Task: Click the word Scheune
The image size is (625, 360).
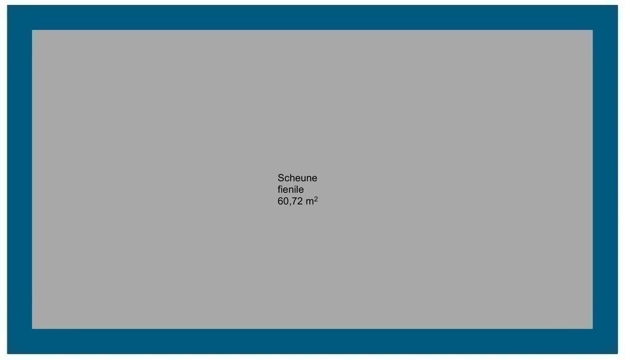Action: pyautogui.click(x=297, y=178)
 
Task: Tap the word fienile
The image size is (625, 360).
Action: pyautogui.click(x=291, y=189)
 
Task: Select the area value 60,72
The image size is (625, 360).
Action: pyautogui.click(x=290, y=201)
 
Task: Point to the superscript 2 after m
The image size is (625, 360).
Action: pyautogui.click(x=316, y=198)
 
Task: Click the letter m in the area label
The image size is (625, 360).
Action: pyautogui.click(x=309, y=202)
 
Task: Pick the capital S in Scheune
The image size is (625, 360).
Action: pyautogui.click(x=281, y=178)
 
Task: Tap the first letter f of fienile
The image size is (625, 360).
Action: pyautogui.click(x=279, y=189)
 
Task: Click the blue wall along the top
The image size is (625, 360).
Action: pyautogui.click(x=312, y=18)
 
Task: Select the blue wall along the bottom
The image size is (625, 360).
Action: pyautogui.click(x=312, y=341)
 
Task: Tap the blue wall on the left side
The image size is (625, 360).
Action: pyautogui.click(x=20, y=179)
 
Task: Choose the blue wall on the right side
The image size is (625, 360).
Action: pyautogui.click(x=605, y=179)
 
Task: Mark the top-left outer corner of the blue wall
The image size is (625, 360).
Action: pyautogui.click(x=7, y=5)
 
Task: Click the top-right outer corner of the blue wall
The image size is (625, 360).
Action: pyautogui.click(x=618, y=5)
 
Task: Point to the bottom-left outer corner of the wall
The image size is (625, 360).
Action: pyautogui.click(x=7, y=354)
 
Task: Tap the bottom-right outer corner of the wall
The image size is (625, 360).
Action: pyautogui.click(x=618, y=354)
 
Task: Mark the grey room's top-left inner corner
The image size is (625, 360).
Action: pyautogui.click(x=32, y=30)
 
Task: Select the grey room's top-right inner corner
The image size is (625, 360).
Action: pyautogui.click(x=593, y=30)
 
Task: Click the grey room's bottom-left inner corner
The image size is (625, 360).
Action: pyautogui.click(x=32, y=329)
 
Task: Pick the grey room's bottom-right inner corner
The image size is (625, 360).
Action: pyautogui.click(x=593, y=329)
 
